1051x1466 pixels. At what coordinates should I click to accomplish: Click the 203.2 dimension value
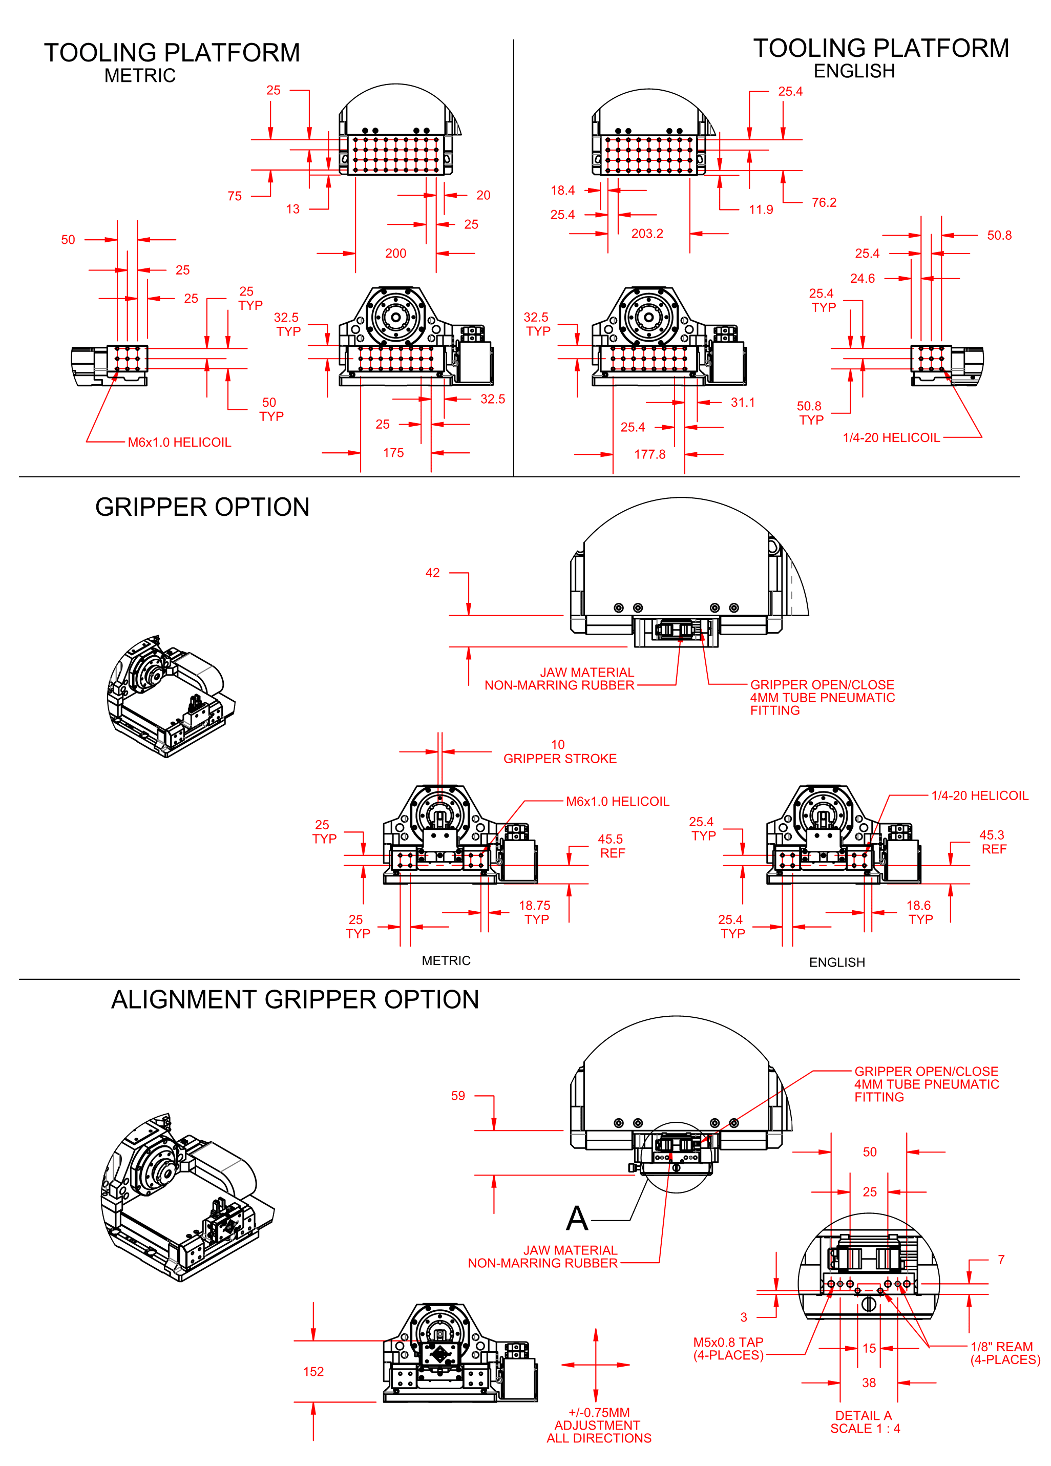click(x=647, y=234)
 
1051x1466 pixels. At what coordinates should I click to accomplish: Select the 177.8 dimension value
click(x=649, y=454)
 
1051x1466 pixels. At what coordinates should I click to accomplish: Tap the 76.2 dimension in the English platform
click(x=824, y=202)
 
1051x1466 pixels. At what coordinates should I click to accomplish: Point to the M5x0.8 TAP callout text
click(x=728, y=1348)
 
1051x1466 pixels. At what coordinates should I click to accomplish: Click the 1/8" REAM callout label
click(x=1004, y=1353)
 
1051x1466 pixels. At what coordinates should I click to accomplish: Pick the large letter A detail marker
click(x=577, y=1219)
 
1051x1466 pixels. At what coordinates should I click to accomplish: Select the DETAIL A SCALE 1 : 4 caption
click(x=865, y=1421)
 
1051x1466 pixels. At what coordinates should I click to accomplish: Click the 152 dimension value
click(x=313, y=1372)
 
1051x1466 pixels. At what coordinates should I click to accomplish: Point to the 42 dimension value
click(x=432, y=573)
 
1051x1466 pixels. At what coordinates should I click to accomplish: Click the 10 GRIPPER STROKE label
click(x=560, y=752)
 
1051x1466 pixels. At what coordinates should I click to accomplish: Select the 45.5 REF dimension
click(x=611, y=846)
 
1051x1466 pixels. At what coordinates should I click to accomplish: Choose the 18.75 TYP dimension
click(x=535, y=912)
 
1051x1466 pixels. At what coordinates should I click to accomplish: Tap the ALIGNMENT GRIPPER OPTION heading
click(x=295, y=1000)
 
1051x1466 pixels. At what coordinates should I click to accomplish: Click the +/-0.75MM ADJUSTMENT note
click(x=599, y=1425)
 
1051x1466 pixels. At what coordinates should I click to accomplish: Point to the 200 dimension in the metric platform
click(x=395, y=254)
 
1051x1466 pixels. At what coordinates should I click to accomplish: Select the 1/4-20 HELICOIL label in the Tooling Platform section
click(x=891, y=437)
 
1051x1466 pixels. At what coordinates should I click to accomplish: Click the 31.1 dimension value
click(x=743, y=402)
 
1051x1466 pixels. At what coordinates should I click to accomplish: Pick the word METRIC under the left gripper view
click(x=446, y=960)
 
